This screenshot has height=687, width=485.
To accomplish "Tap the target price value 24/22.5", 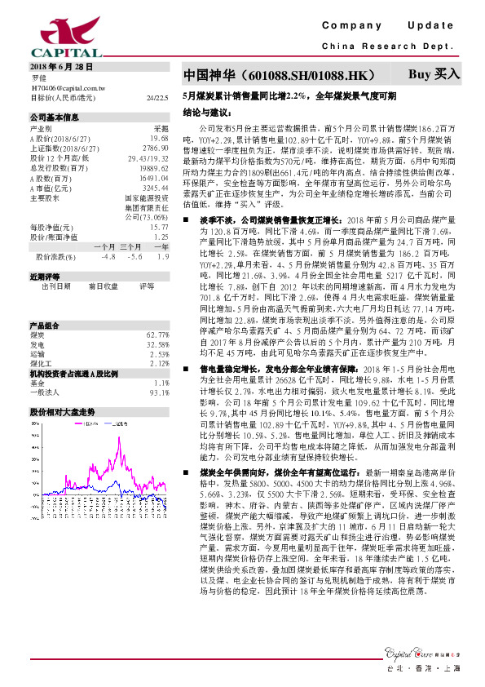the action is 159,96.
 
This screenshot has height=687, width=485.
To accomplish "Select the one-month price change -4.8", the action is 108,256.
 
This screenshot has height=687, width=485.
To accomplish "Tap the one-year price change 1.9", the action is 163,256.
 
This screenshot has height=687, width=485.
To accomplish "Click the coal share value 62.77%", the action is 157,335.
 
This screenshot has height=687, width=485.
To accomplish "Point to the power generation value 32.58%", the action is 157,344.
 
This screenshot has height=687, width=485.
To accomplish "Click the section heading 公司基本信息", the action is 55,117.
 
